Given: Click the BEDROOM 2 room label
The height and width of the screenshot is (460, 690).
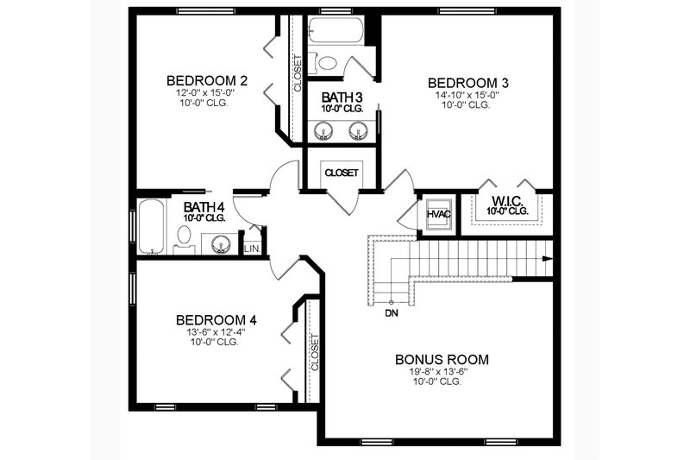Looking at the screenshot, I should coord(207,81).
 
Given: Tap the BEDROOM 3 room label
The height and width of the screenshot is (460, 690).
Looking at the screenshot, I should coord(468,83).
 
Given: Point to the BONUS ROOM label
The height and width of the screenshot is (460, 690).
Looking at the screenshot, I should coord(442,359).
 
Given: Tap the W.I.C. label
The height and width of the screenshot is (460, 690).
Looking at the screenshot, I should coord(506,199).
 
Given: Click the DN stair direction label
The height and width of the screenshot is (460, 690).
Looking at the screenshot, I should coord(392,312).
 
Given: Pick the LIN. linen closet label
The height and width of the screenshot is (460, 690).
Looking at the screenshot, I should coord(252,249).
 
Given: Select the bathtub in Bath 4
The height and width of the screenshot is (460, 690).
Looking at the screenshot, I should coord(152,228).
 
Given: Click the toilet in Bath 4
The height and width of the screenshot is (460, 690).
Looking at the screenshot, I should coord(185,236).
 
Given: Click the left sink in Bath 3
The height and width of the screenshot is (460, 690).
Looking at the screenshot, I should coord(323,130).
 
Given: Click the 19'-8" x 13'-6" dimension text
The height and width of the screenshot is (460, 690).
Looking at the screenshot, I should coord(442,372).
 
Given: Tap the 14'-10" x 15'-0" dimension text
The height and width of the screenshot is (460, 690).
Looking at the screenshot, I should coord(468,95).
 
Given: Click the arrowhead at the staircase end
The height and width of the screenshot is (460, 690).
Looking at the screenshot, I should coord(547,256).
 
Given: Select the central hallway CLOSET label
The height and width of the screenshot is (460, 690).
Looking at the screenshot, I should coord(342,173).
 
